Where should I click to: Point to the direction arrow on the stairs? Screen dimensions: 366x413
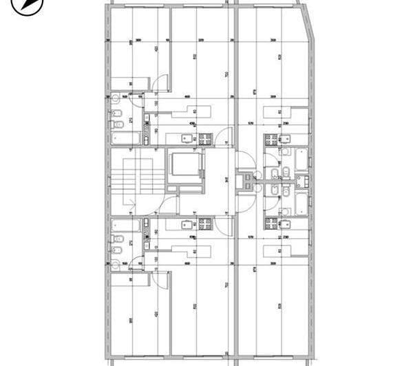(x=129, y=202)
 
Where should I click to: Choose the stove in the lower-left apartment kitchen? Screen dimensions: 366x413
(x=204, y=224)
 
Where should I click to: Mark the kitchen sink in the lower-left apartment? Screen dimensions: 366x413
(x=187, y=224)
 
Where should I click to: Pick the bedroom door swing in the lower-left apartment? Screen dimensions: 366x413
(x=160, y=278)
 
